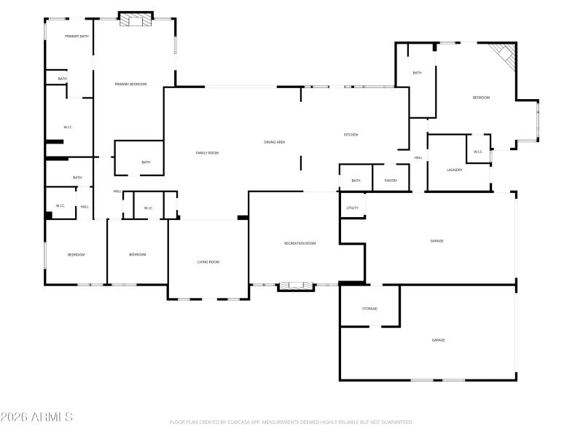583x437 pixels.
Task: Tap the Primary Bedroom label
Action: (x=130, y=84)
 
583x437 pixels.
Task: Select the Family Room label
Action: (x=207, y=153)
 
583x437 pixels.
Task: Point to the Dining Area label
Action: (x=274, y=141)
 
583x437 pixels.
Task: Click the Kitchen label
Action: (x=351, y=135)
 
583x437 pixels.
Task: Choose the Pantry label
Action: (x=391, y=181)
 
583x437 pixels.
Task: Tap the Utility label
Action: (x=352, y=208)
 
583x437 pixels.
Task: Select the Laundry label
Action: (x=455, y=170)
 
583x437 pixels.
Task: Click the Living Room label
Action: (x=208, y=261)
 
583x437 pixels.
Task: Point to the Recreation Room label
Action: (x=300, y=243)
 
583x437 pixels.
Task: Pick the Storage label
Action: (x=369, y=309)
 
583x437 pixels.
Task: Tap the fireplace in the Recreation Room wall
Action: (x=296, y=286)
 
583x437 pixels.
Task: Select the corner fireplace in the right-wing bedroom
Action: (x=503, y=55)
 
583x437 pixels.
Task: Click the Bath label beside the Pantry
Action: (x=356, y=181)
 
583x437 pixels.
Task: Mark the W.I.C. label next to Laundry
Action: (x=478, y=152)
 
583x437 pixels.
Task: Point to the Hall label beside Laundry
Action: (x=418, y=157)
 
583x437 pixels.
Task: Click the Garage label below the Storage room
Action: (x=438, y=340)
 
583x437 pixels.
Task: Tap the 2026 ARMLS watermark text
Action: (x=36, y=417)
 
